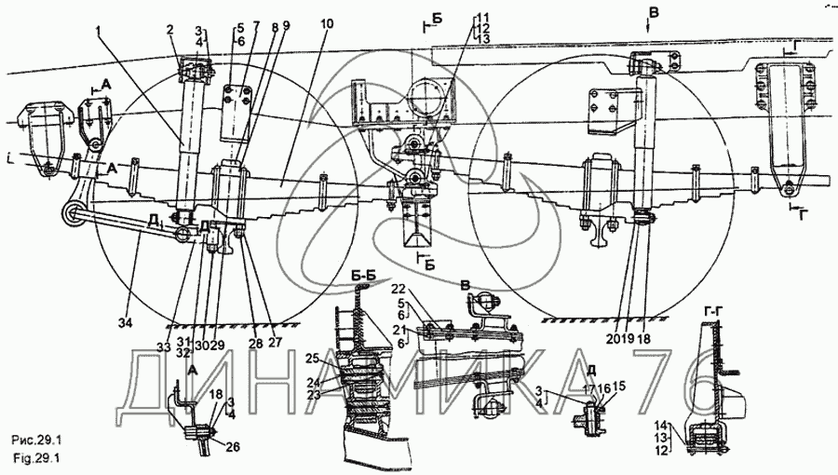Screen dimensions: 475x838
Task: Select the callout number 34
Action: point(125,322)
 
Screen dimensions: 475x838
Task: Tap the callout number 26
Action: point(234,446)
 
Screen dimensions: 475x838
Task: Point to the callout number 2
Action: point(170,30)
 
